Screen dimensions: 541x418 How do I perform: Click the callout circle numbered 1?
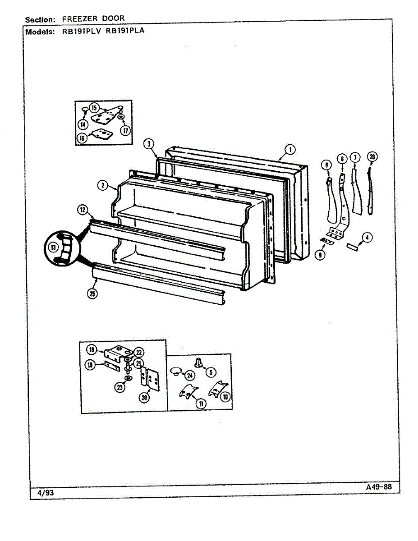tap(290, 149)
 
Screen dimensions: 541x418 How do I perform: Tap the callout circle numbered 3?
tap(149, 144)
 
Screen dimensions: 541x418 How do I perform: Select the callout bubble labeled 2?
tap(104, 184)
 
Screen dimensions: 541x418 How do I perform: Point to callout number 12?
tap(83, 209)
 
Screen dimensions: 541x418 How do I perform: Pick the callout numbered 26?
tap(372, 157)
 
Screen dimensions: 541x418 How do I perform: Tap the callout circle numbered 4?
tap(367, 238)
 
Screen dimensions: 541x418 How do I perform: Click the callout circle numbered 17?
tap(125, 130)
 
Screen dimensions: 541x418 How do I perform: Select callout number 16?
tap(82, 138)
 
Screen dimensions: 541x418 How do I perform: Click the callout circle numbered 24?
tap(190, 375)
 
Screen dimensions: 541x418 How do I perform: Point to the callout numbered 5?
tap(210, 372)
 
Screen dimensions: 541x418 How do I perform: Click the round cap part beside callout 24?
tap(175, 371)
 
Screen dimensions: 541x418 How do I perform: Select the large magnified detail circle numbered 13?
tap(61, 248)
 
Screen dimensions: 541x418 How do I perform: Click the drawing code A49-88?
tap(378, 487)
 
